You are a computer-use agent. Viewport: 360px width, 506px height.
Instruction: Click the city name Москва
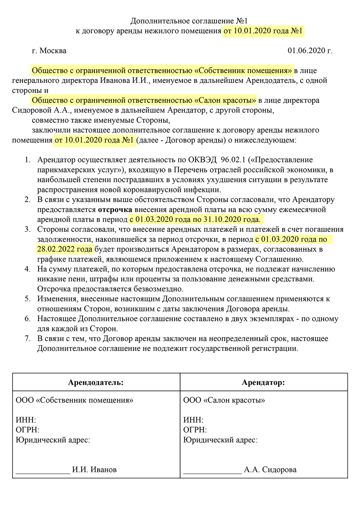pos(53,51)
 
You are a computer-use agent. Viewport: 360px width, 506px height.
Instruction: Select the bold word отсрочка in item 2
pos(115,210)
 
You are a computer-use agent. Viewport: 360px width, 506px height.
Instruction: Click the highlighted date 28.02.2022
pos(56,249)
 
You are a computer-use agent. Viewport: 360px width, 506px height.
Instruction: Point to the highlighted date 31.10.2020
pos(219,220)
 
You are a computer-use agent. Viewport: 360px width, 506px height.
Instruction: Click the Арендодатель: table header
pos(96,382)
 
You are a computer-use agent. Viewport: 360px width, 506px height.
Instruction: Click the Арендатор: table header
pos(263,382)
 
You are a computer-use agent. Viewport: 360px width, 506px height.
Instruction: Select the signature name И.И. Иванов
pos(94,470)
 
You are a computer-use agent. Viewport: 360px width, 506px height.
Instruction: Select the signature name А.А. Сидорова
pos(270,470)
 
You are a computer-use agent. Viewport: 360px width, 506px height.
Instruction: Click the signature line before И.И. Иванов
pos(43,472)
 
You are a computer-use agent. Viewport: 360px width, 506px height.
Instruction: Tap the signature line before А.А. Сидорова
pos(212,472)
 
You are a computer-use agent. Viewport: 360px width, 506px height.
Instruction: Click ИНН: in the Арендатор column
pos(193,420)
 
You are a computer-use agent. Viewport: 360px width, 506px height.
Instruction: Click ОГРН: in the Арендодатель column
pos(27,430)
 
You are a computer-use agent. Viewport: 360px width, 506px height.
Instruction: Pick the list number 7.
pos(28,339)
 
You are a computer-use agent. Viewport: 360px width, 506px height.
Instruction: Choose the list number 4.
pos(28,269)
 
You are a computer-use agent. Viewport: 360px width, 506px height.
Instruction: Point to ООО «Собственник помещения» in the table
pos(74,400)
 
